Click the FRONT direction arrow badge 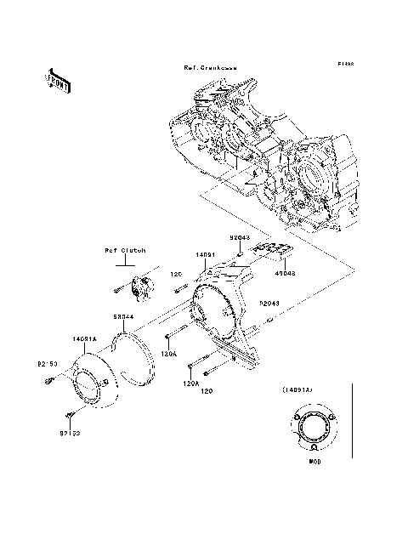point(57,81)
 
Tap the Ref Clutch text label point(125,251)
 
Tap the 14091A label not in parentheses point(85,338)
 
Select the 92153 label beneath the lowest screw point(71,433)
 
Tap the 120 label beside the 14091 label point(177,274)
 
